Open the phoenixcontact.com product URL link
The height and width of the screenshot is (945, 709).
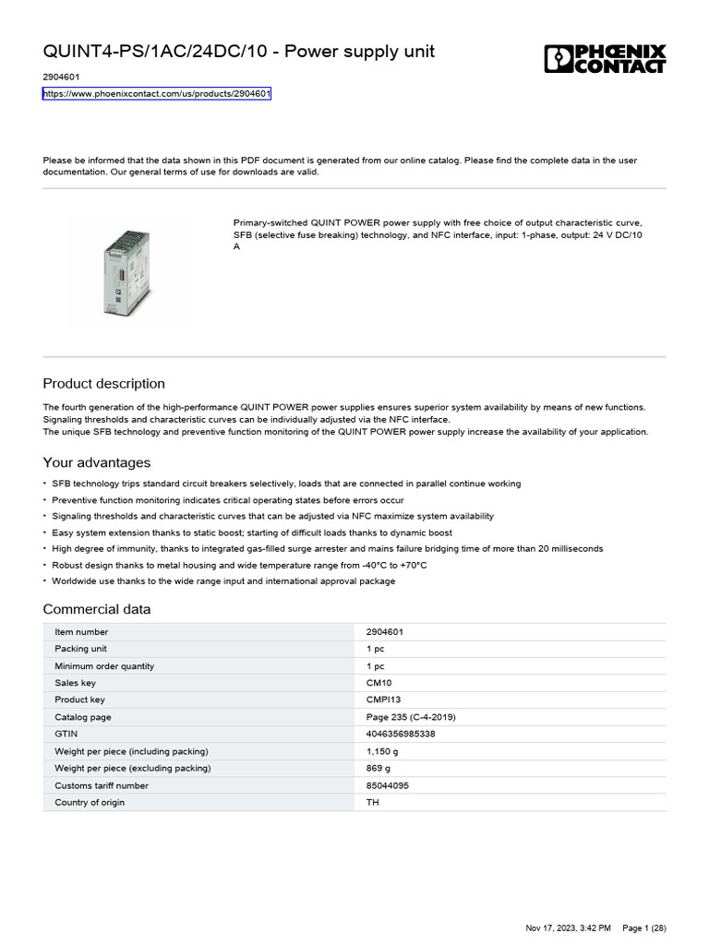coord(157,94)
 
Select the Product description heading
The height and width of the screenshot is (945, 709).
coord(104,384)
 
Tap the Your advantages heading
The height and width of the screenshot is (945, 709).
coord(97,462)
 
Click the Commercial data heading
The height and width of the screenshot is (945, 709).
coord(97,609)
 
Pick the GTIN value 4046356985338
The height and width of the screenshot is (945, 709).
coord(401,734)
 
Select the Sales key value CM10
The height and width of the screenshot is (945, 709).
coord(379,683)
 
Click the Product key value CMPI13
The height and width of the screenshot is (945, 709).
coord(384,700)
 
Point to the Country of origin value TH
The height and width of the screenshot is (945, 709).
coord(373,802)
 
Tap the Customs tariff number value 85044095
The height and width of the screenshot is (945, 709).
coord(388,785)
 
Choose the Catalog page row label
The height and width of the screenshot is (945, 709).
coord(83,717)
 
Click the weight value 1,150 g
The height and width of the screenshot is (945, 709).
coord(382,751)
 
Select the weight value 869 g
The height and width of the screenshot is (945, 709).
coord(379,768)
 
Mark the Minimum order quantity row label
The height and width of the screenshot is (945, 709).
coord(104,666)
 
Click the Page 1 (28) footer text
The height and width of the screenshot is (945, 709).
coord(643,927)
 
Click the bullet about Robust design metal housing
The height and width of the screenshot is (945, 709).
coord(239,565)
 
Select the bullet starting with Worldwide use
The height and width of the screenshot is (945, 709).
coord(223,581)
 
